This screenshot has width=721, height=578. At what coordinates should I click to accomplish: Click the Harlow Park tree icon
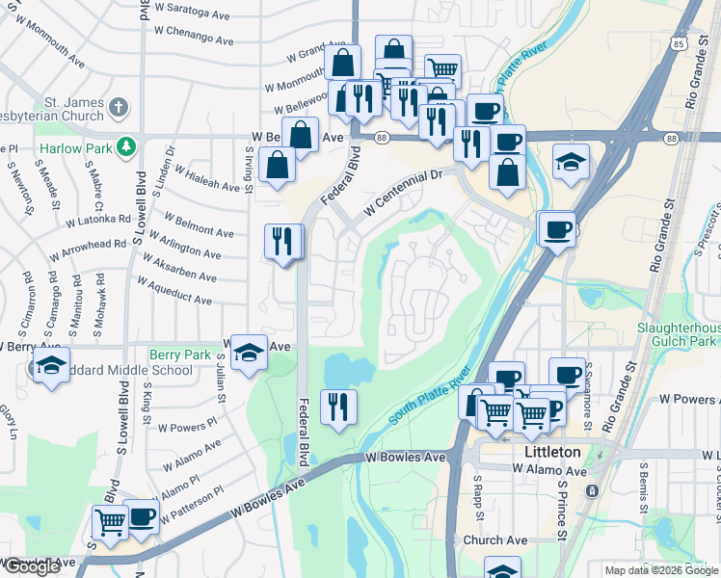[124, 146]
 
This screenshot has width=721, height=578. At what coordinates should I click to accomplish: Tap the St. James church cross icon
[118, 107]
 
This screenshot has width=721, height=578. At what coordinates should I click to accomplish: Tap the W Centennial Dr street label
[402, 191]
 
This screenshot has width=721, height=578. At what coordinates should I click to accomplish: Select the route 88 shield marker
[381, 139]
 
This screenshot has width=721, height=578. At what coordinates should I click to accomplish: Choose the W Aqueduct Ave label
[174, 292]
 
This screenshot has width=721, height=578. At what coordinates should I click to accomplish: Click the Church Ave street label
[495, 540]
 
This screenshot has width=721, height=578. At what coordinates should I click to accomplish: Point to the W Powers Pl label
[187, 426]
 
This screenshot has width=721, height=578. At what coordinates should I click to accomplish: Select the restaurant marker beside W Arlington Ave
[282, 240]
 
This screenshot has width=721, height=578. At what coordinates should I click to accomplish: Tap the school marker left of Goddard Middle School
[50, 365]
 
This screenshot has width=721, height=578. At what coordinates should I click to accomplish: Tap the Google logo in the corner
[32, 566]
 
